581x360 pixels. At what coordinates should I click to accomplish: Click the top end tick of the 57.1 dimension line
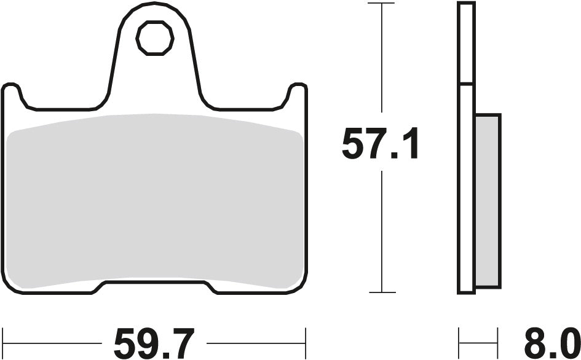[383, 3]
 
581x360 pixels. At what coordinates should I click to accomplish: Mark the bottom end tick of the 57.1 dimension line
[383, 292]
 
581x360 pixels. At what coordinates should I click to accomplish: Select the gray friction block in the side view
[488, 200]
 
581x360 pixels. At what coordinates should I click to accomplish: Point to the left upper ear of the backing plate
[12, 92]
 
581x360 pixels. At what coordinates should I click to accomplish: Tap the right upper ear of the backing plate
[296, 92]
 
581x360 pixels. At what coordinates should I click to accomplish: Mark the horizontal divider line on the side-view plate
[466, 84]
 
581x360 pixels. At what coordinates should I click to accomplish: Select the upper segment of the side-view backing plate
[466, 43]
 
